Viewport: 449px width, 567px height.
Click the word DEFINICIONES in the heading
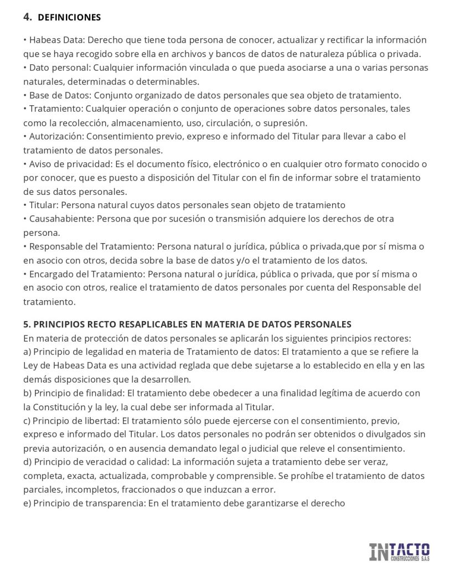click(x=69, y=17)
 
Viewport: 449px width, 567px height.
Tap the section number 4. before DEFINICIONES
click(x=28, y=17)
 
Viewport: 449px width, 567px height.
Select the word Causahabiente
click(x=60, y=219)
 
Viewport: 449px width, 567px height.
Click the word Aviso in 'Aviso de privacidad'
click(x=40, y=164)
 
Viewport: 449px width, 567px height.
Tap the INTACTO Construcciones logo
click(x=399, y=551)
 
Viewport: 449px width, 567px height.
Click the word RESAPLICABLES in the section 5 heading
click(x=142, y=324)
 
